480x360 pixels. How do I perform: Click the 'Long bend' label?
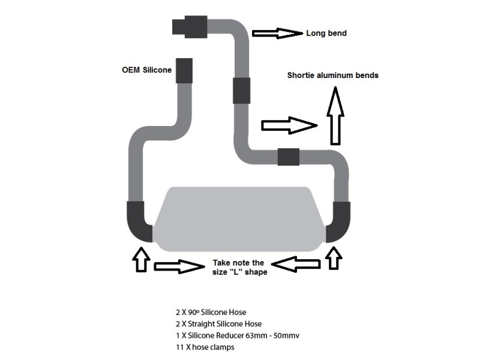(x=326, y=33)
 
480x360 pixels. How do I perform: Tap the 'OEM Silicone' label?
(x=146, y=70)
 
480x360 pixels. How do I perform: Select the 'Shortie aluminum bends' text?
(x=332, y=76)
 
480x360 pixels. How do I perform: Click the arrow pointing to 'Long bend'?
(x=277, y=33)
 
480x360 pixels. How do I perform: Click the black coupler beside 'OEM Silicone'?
(x=184, y=71)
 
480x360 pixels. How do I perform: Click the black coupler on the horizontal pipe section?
(x=289, y=157)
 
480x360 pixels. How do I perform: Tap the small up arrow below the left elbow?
(x=140, y=259)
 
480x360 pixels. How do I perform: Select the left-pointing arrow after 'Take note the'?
(x=295, y=263)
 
